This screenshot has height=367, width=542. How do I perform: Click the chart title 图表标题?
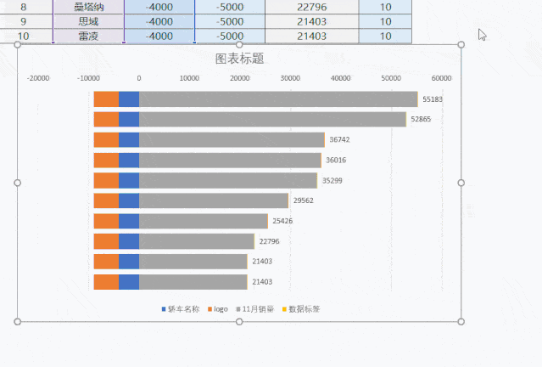(239, 59)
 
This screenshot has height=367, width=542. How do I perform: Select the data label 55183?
(432, 99)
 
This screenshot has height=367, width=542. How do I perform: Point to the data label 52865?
(421, 120)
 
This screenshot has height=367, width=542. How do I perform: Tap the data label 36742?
(339, 140)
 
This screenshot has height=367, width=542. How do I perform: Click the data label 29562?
(303, 201)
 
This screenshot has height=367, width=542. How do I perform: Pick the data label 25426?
(282, 221)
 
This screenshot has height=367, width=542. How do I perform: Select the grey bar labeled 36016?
(230, 160)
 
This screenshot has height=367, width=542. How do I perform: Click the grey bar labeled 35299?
(228, 180)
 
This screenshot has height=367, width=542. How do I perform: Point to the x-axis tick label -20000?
(38, 78)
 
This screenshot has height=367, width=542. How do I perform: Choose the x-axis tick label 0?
(139, 78)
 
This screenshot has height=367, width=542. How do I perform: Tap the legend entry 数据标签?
(304, 309)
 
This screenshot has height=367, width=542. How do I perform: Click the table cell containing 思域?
(88, 21)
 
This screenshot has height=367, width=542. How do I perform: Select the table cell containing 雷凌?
(88, 37)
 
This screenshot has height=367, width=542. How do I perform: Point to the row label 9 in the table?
(24, 21)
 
